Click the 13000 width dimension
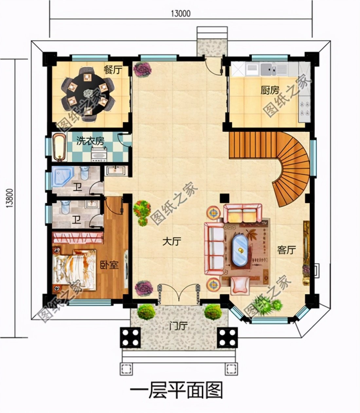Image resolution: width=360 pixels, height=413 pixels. point(180,13)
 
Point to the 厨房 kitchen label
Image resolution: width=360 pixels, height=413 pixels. point(270,90)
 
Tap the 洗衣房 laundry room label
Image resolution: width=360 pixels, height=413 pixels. point(90,141)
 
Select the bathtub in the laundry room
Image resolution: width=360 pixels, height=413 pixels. point(59,147)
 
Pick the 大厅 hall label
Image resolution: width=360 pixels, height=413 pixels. point(172,242)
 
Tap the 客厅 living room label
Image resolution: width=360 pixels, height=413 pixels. point(286,250)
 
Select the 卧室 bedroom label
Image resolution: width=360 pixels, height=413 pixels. point(109,265)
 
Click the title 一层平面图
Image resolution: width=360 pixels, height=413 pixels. point(176,390)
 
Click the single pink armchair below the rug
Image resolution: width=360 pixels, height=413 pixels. point(241,284)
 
